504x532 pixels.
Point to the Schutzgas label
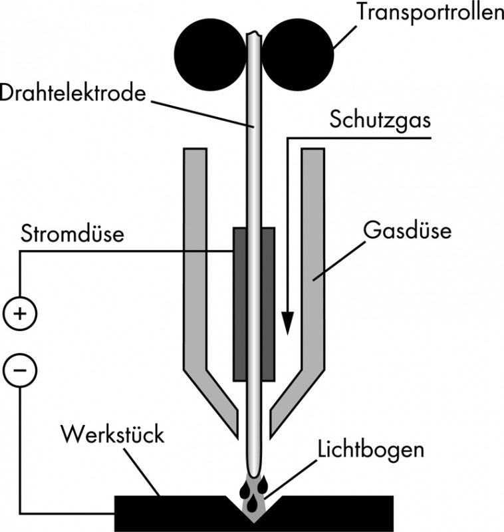(x=380, y=122)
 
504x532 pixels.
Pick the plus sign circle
(x=19, y=313)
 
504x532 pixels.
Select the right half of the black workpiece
(x=332, y=512)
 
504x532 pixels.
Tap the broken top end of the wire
(x=253, y=33)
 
